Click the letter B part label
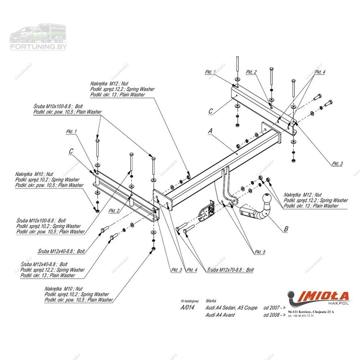pos(286,229)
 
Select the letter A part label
pos(210,131)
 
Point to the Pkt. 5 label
pos(260,252)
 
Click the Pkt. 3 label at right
pos(337,163)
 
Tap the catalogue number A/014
pos(187,307)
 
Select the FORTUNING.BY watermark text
pos(39,46)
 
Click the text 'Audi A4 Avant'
pos(220,315)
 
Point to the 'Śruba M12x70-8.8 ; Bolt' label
pos(230,270)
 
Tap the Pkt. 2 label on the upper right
pos(251,72)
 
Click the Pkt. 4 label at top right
pos(320,72)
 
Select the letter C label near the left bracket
pos(71,151)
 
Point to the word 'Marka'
pos(211,301)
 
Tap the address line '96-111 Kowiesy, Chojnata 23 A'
pos(311,312)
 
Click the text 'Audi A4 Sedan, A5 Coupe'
pos(231,308)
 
